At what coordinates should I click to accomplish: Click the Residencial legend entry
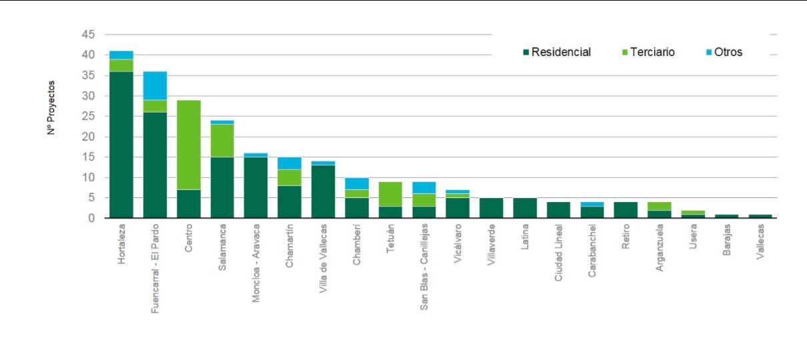[x=560, y=52]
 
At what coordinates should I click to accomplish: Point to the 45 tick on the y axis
[x=89, y=34]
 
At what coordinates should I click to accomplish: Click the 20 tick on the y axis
[x=89, y=137]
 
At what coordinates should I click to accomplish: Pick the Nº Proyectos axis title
[x=51, y=109]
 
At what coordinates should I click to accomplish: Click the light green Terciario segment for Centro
[x=189, y=145]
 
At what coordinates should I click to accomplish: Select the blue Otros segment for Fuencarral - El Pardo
[x=155, y=85]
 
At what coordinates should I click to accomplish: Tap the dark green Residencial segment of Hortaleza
[x=121, y=144]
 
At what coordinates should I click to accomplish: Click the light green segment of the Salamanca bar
[x=222, y=140]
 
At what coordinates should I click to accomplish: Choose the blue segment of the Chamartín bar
[x=289, y=163]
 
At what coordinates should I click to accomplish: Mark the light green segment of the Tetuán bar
[x=390, y=193]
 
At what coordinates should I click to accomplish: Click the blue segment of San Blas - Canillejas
[x=424, y=187]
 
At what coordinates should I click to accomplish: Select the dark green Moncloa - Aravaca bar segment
[x=255, y=187]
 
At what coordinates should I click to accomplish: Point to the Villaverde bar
[x=491, y=208]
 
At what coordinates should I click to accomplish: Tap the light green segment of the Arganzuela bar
[x=658, y=206]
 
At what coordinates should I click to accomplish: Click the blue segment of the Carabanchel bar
[x=592, y=204]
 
